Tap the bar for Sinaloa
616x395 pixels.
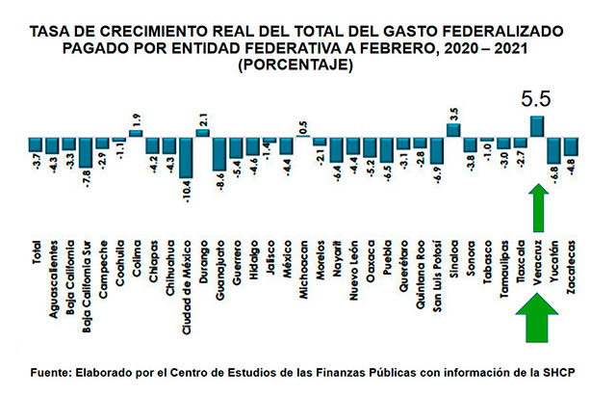pyautogui.click(x=452, y=129)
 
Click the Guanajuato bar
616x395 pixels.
pyautogui.click(x=219, y=154)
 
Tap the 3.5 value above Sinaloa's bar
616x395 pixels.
pyautogui.click(x=453, y=112)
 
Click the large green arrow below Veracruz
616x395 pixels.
pyautogui.click(x=537, y=321)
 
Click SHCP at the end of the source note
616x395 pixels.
pyautogui.click(x=570, y=371)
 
